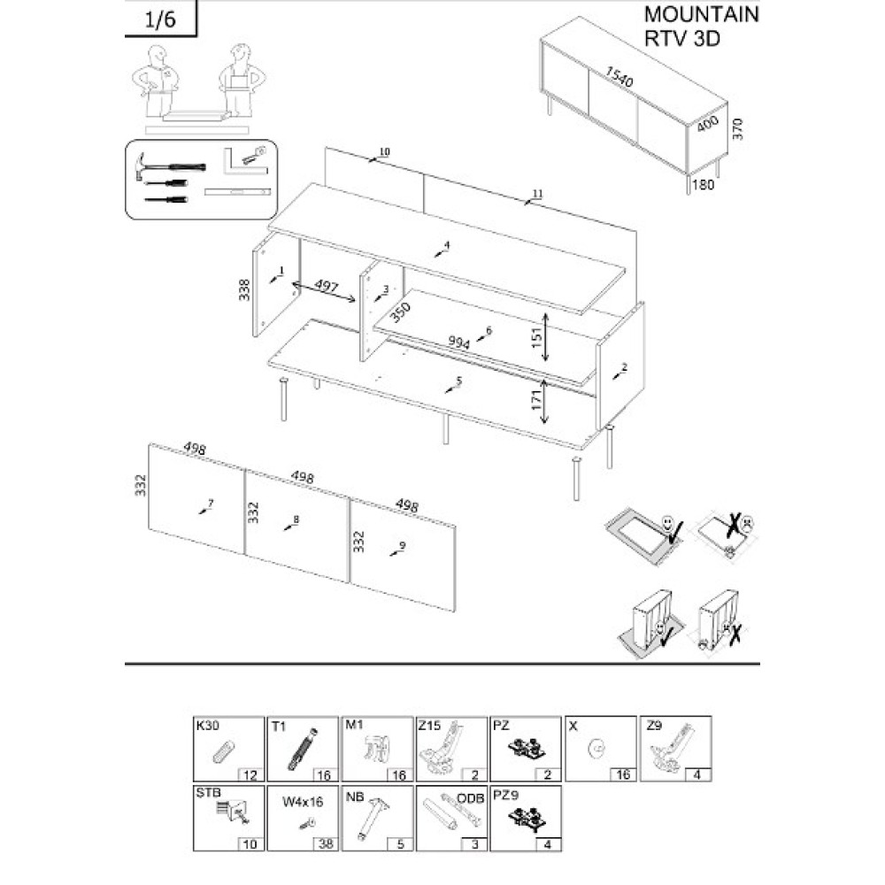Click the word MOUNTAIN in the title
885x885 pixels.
[x=701, y=15]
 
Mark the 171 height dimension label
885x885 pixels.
[x=535, y=401]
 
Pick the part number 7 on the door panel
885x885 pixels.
[x=211, y=504]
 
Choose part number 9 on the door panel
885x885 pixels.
[x=402, y=545]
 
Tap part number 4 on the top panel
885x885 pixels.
[x=447, y=245]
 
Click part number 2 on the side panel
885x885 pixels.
[x=624, y=366]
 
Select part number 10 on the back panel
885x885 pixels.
[x=384, y=152]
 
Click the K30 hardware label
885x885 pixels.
[x=206, y=726]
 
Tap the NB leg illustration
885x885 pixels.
[x=373, y=818]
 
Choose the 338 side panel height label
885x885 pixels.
[x=245, y=289]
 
